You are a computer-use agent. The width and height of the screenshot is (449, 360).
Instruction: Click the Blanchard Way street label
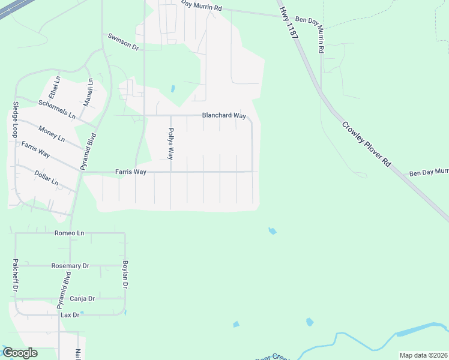click(x=224, y=116)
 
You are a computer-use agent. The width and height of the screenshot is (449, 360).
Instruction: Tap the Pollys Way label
click(x=170, y=143)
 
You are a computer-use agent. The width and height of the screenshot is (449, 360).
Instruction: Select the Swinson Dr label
click(x=123, y=41)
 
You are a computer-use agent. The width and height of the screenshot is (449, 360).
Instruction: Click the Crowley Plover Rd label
click(x=366, y=145)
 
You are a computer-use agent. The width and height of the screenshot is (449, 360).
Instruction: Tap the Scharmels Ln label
click(x=57, y=109)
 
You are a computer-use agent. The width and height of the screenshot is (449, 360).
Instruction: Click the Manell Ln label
click(x=89, y=92)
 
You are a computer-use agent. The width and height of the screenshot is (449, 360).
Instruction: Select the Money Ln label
click(x=51, y=133)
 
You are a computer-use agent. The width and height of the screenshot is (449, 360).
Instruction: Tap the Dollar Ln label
click(x=46, y=178)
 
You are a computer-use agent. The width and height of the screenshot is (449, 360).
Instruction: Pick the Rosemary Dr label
click(x=70, y=265)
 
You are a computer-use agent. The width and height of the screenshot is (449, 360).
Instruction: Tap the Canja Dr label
click(x=82, y=298)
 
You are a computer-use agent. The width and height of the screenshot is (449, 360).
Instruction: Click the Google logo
click(x=20, y=353)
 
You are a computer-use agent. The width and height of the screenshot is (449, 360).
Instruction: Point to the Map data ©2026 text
click(x=423, y=355)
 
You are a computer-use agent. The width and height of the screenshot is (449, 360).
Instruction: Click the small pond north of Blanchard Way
click(x=173, y=89)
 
